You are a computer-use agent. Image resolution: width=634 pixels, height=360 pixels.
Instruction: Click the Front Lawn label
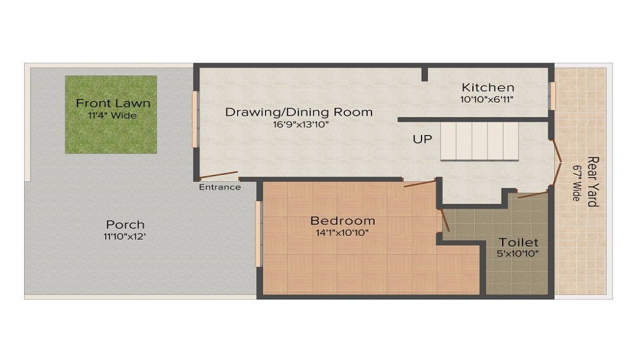[x=113, y=103]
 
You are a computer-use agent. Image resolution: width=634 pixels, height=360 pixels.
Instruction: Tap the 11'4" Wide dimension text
[x=112, y=115]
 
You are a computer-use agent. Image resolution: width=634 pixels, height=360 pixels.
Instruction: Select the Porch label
[x=125, y=224]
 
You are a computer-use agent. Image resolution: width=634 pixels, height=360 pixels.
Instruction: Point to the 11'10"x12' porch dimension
[x=124, y=236]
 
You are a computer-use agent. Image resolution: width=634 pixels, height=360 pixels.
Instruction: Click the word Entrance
[x=219, y=187]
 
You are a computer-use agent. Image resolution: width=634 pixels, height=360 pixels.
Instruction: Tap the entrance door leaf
[x=218, y=174]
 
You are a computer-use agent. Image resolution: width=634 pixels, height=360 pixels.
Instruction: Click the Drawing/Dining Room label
[x=299, y=112]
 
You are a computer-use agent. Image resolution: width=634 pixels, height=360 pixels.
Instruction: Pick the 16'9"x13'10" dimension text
[x=301, y=124]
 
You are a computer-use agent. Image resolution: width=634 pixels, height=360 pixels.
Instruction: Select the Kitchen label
[x=488, y=87]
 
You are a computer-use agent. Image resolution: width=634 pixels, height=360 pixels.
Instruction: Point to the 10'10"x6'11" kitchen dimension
[x=487, y=100]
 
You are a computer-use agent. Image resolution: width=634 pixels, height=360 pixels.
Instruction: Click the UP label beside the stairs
[x=422, y=139]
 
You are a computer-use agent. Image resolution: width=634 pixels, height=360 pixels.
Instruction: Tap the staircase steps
[x=479, y=141]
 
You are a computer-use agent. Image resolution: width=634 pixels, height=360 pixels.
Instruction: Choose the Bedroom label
[x=342, y=221]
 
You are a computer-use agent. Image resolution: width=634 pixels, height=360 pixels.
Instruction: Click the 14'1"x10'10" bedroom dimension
[x=342, y=233]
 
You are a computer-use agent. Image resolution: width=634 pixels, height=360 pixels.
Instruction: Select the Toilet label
[x=519, y=242]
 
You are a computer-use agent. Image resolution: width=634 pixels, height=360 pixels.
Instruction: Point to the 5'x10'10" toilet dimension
[x=517, y=254]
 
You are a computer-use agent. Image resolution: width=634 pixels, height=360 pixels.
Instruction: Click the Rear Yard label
[x=593, y=181]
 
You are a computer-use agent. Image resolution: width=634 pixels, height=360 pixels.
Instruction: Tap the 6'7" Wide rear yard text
[x=576, y=183]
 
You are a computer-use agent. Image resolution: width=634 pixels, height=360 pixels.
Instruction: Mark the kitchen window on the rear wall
[x=552, y=96]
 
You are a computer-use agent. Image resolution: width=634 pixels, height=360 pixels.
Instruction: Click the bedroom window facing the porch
[x=259, y=235]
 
